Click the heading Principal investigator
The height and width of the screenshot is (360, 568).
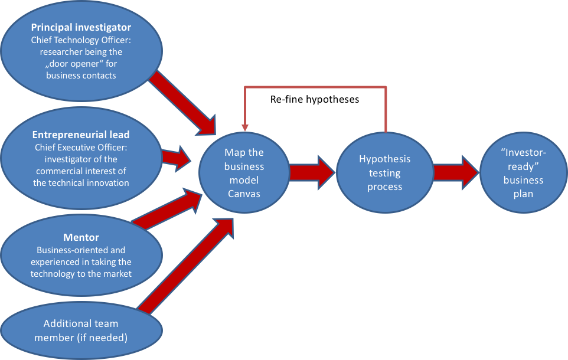81,27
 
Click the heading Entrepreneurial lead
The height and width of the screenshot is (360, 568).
81,135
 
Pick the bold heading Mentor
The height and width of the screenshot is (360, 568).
81,238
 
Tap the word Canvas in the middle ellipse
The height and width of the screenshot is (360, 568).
244,194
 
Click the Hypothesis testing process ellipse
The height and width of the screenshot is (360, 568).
384,173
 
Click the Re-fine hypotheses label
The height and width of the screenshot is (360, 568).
315,100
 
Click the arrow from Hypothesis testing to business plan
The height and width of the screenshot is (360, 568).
455,172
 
